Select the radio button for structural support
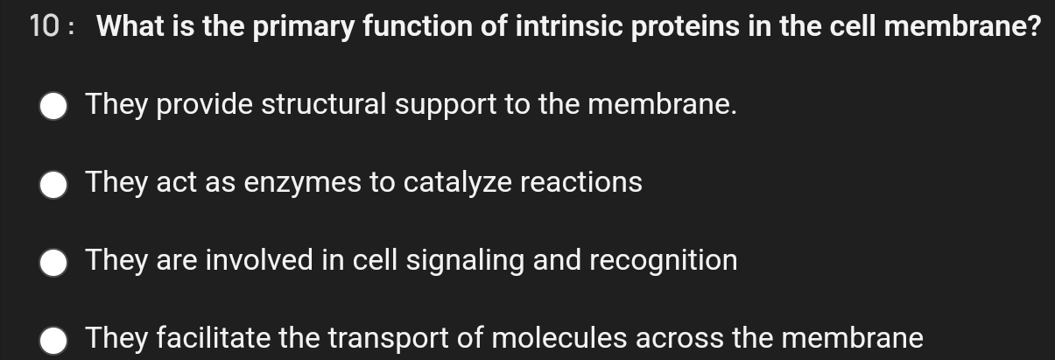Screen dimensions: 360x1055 tap(54, 107)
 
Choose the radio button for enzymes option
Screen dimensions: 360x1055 tap(54, 185)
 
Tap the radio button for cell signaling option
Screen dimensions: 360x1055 tap(54, 262)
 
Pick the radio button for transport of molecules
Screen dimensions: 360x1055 tap(54, 340)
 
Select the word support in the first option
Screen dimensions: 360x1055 tap(445, 106)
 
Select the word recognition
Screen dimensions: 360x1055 tap(663, 261)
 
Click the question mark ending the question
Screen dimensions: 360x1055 tap(1033, 28)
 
